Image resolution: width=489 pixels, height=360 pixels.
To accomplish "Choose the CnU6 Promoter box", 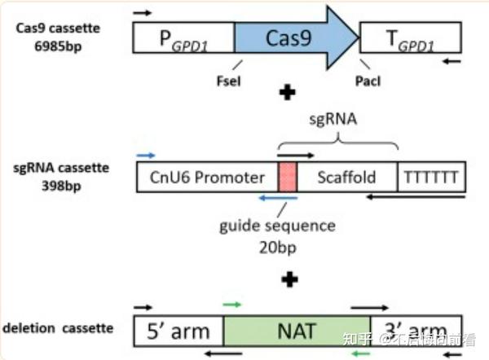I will pos(207,177).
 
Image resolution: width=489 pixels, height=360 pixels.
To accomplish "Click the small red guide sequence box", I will pos(287,177).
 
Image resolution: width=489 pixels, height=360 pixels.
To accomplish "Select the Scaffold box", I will pos(346,177).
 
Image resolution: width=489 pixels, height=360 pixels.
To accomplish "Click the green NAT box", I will pos(297,331).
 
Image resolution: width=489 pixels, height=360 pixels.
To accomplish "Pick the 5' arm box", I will pos(178,331).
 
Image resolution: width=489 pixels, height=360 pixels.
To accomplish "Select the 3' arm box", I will pos(416,331).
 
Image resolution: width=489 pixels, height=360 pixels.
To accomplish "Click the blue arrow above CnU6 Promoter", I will pos(146,153).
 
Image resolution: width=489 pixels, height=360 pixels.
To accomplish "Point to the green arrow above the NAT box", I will pos(232,305).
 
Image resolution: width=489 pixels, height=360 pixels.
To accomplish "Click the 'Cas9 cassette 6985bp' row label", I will pos(57,36).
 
